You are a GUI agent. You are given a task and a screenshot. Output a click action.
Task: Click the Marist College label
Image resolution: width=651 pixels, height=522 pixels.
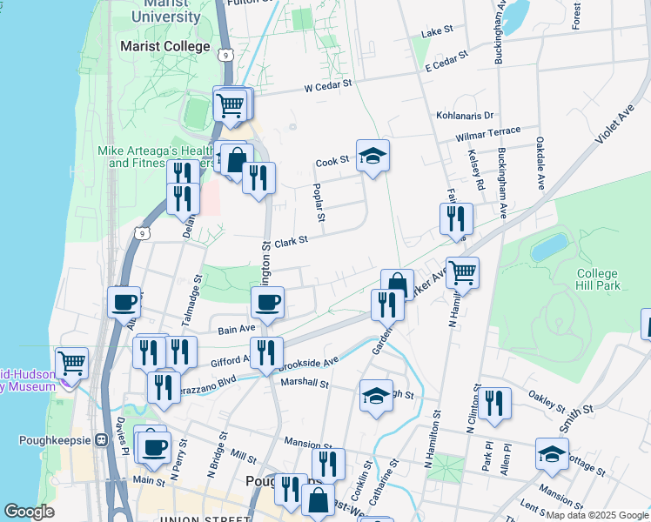(164, 46)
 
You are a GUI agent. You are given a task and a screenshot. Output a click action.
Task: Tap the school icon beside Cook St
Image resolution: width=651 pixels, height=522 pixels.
(372, 156)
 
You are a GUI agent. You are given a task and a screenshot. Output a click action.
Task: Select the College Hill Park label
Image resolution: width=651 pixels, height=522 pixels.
(598, 279)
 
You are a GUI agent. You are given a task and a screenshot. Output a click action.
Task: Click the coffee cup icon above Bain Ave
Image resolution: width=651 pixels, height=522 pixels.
(267, 303)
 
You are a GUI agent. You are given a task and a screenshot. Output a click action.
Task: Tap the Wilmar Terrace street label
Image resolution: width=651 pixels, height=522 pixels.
(487, 134)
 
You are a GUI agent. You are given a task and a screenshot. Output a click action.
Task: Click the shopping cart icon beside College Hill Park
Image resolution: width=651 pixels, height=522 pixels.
(462, 272)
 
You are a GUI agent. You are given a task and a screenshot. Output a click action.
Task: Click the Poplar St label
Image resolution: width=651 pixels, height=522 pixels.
(319, 203)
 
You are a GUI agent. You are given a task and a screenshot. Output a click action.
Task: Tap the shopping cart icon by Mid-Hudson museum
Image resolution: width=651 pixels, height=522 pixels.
(71, 363)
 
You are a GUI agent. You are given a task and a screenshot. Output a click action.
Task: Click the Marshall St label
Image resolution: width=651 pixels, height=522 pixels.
(304, 382)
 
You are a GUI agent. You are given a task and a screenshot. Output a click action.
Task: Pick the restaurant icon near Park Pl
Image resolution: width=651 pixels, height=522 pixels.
(494, 403)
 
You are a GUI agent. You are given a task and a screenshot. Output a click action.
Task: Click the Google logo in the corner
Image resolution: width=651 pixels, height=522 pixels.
(29, 512)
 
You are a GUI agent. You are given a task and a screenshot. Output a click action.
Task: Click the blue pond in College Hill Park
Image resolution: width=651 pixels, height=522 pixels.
(550, 246)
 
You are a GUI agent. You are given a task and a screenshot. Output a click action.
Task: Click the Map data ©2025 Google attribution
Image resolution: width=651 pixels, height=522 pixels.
(596, 515)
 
